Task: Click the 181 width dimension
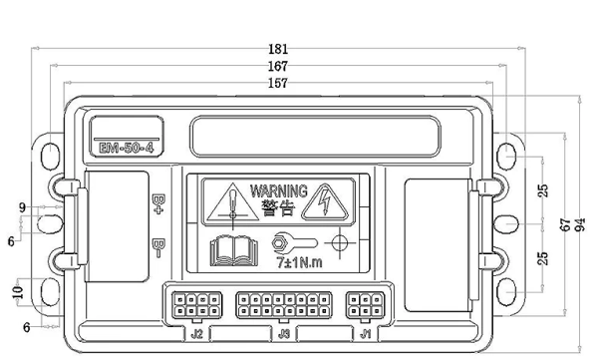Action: click(278, 49)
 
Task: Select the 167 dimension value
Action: click(278, 66)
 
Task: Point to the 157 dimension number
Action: click(278, 83)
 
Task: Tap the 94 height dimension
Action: click(580, 224)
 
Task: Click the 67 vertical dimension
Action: click(565, 224)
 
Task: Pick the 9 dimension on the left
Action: click(23, 207)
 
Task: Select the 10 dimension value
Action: click(18, 292)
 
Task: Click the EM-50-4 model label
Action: click(127, 148)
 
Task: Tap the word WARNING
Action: click(279, 190)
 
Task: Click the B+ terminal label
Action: click(157, 204)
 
